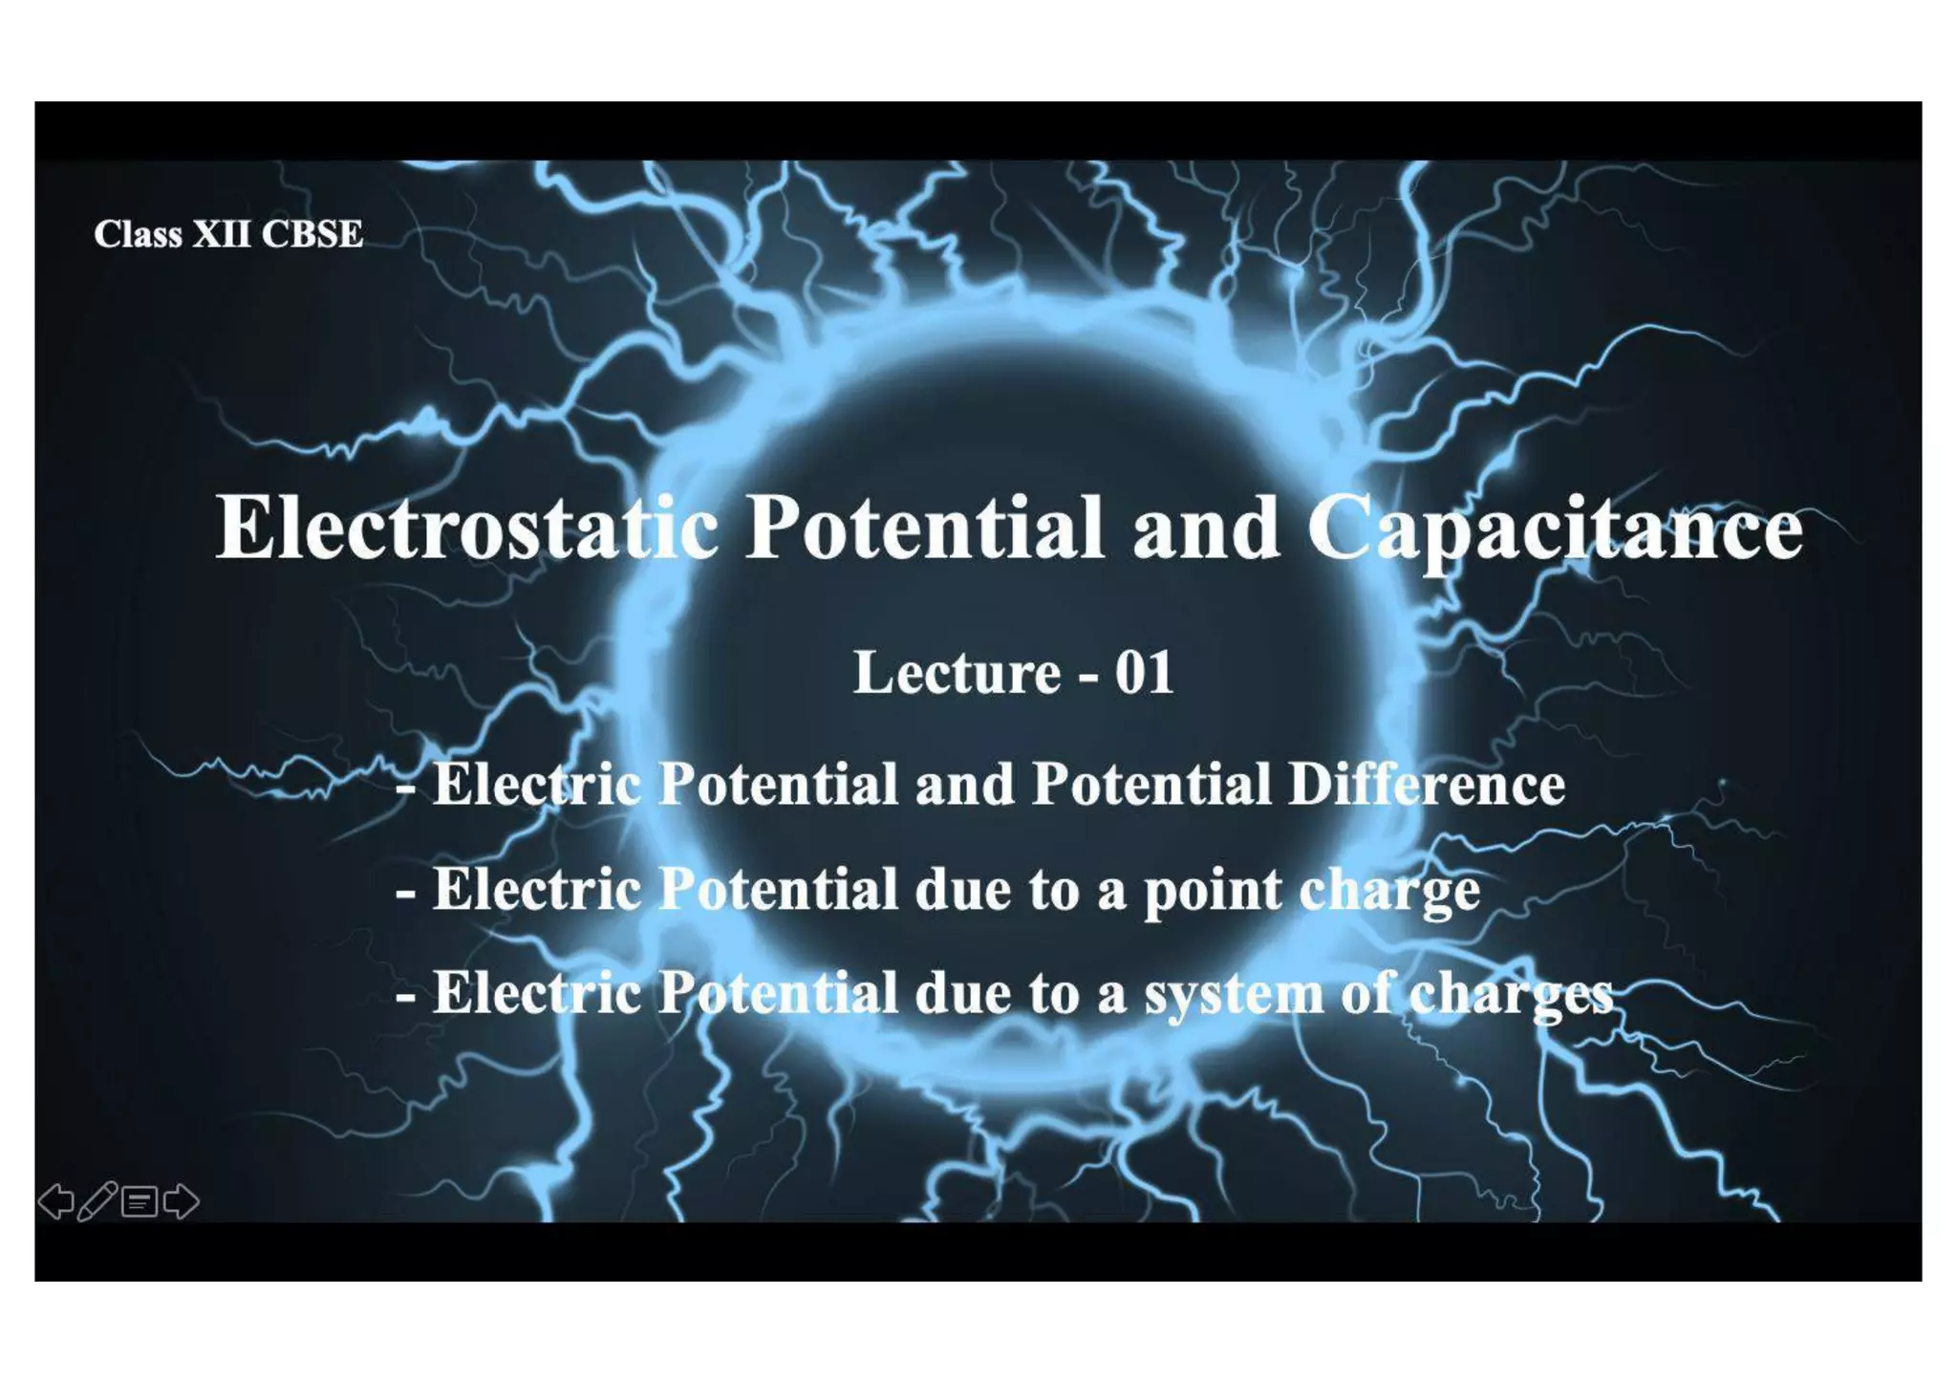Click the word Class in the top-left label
(138, 234)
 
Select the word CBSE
(312, 234)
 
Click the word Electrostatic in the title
(467, 528)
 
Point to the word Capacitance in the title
(1554, 529)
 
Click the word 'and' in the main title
(1205, 528)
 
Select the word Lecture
(957, 672)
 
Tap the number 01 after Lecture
(1144, 672)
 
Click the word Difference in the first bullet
(1427, 785)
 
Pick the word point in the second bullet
(1211, 891)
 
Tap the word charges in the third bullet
(1511, 994)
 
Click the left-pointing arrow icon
(55, 1201)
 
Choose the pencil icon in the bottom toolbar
(97, 1200)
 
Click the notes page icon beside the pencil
(140, 1201)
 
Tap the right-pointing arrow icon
(182, 1201)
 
